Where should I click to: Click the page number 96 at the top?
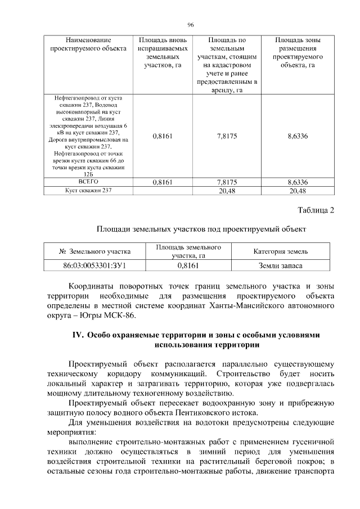coord(190,25)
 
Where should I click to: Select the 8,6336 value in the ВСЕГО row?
coord(297,182)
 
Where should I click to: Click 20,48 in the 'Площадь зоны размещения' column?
coord(297,191)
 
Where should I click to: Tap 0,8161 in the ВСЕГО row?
coord(162,182)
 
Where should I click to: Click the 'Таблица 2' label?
coord(316,210)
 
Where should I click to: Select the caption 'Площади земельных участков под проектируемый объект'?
coord(201,229)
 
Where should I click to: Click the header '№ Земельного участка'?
coord(95,251)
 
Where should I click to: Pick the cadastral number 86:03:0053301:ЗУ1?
coord(95,264)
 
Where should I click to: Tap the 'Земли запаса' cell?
coord(280,264)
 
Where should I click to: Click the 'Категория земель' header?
coord(280,251)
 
